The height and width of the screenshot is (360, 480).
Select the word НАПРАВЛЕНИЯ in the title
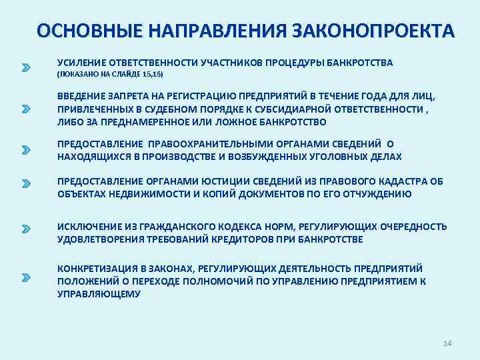(x=213, y=31)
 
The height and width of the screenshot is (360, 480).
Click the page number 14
(x=447, y=343)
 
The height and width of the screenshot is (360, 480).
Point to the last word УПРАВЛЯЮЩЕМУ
(x=99, y=294)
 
